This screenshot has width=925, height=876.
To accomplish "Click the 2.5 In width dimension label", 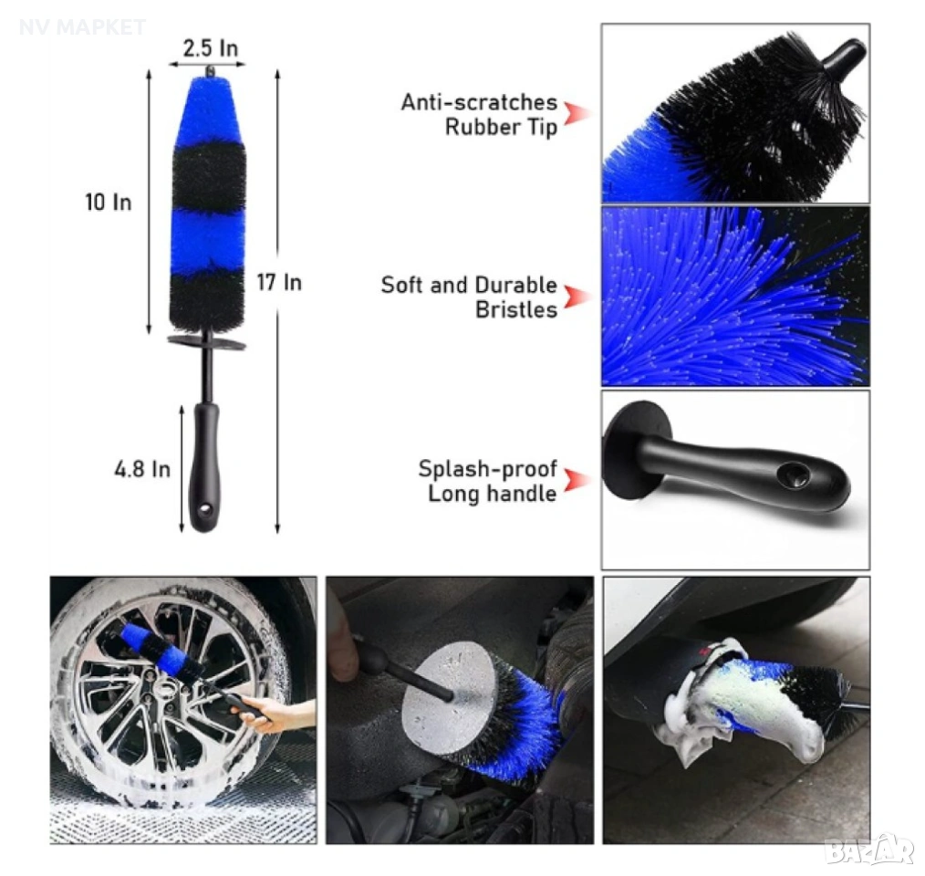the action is [x=211, y=47].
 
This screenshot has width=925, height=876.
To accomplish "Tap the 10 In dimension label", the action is [x=109, y=203].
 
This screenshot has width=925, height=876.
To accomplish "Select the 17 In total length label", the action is [x=279, y=282].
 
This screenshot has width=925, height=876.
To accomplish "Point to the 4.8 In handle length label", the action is [x=142, y=469].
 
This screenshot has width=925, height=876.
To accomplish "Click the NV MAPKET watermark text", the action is [x=82, y=27].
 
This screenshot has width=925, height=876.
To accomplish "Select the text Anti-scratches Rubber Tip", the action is [x=479, y=114].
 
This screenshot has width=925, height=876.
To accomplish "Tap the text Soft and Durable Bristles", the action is [x=469, y=297].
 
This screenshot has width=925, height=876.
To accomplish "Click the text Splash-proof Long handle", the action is [x=487, y=481].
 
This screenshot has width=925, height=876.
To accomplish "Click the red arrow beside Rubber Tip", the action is [x=577, y=114].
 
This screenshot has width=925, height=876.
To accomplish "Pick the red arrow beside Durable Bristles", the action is [x=577, y=297].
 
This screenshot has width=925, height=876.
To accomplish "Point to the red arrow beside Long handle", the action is [x=577, y=481].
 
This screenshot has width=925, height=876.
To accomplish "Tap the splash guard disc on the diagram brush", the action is [x=206, y=342].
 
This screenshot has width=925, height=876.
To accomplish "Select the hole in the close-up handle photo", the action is [x=794, y=474].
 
